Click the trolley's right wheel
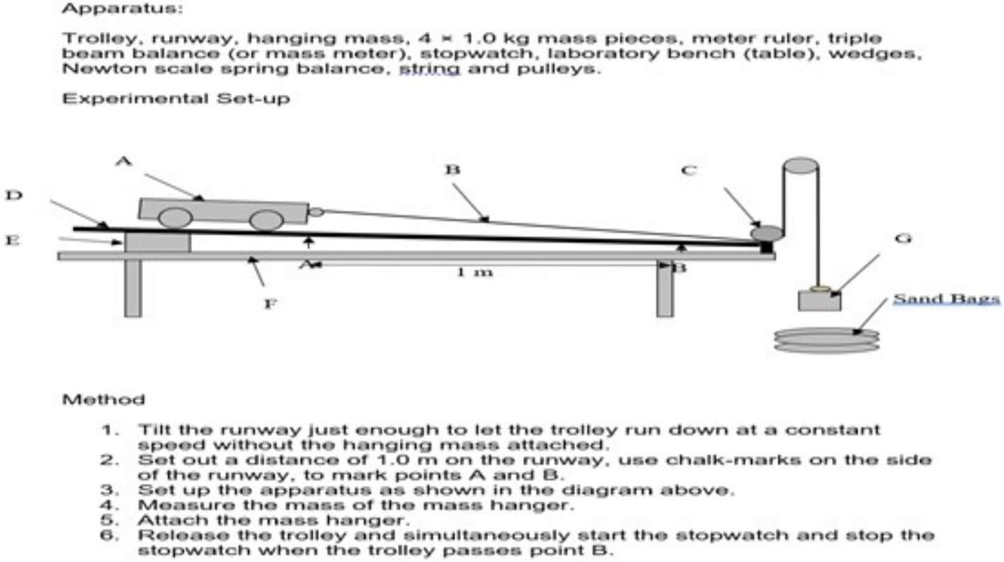(x=266, y=220)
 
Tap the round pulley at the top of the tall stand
(x=800, y=167)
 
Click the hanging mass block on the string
(x=819, y=301)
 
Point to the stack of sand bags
(x=826, y=340)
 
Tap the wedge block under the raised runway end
(x=157, y=241)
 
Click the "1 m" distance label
(x=474, y=272)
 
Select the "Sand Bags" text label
(x=946, y=299)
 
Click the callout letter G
(x=903, y=239)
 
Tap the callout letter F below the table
(x=270, y=304)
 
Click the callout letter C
(x=689, y=171)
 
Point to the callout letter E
(x=12, y=240)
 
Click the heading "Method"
(x=103, y=400)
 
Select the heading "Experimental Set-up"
(x=176, y=98)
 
